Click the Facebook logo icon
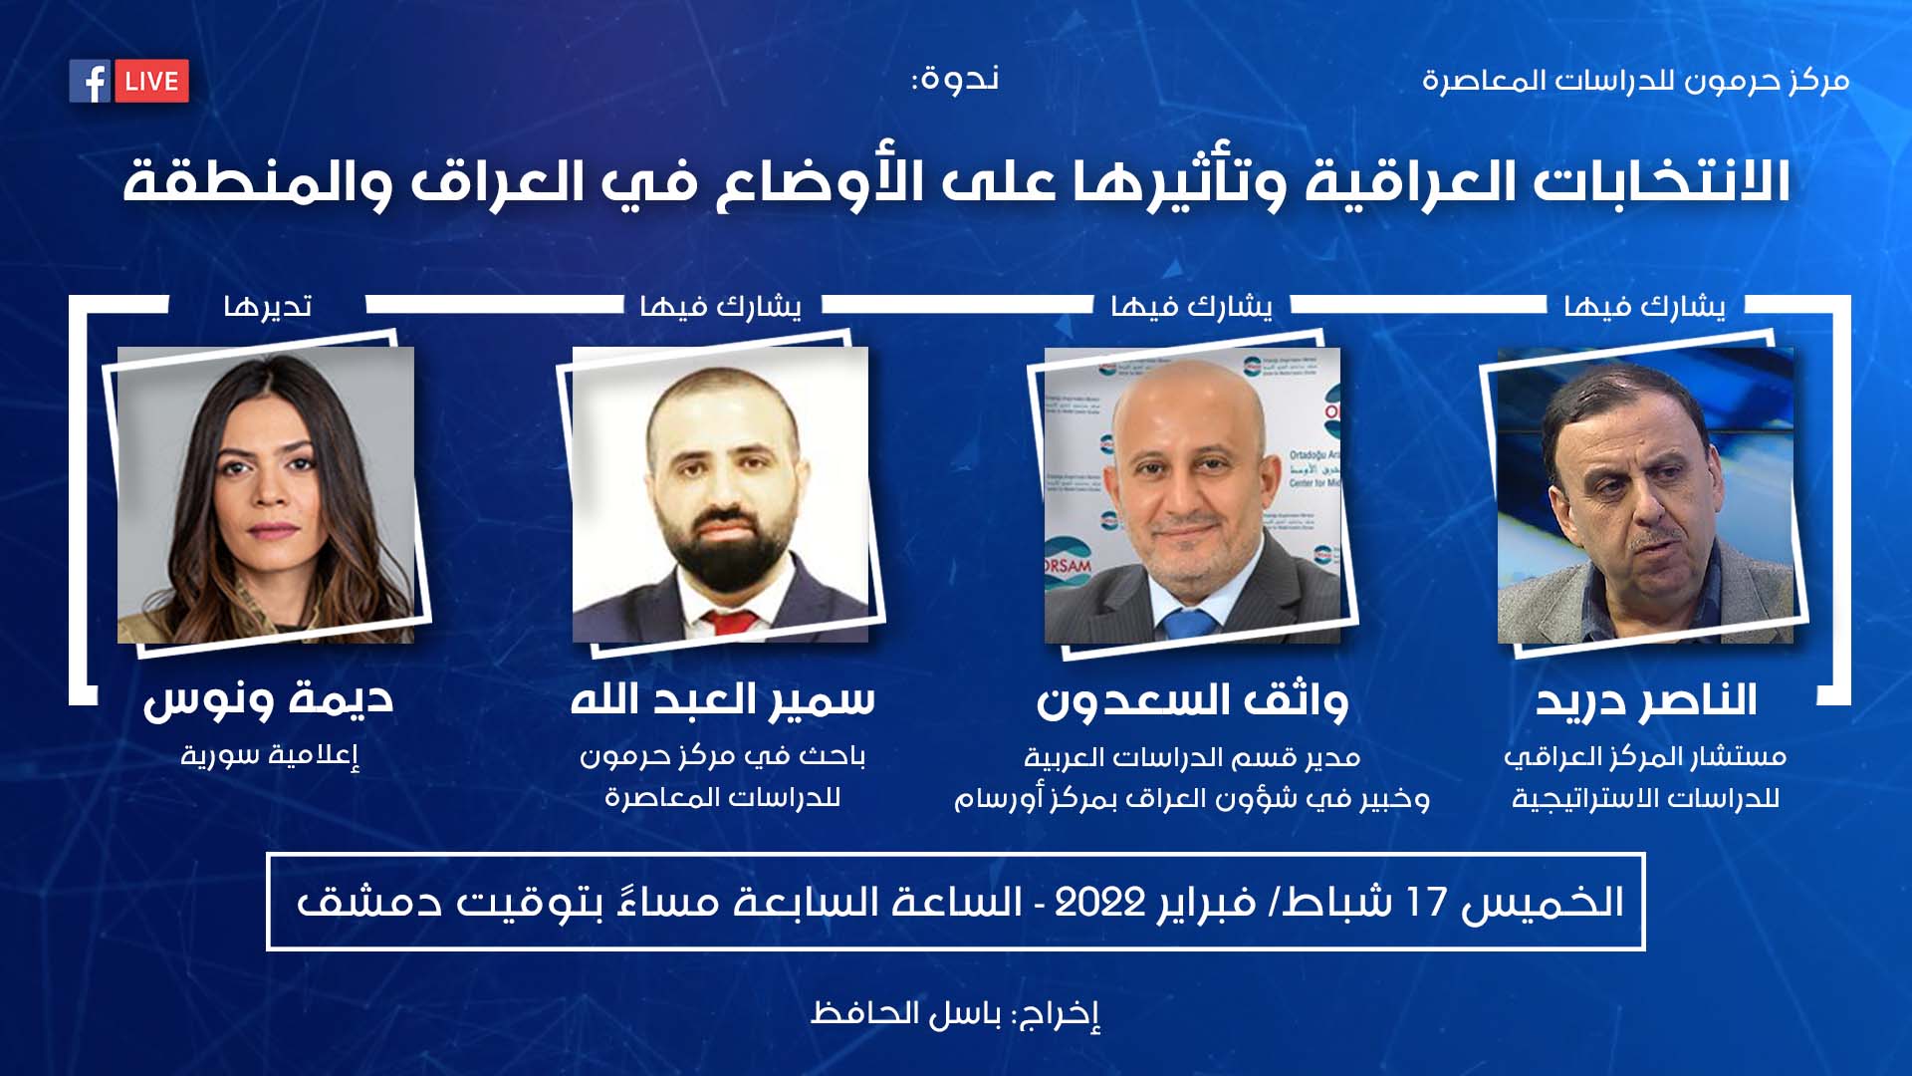click(90, 81)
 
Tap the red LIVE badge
click(151, 81)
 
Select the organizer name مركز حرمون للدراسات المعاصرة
click(1635, 80)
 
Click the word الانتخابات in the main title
click(1660, 182)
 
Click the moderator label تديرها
click(268, 305)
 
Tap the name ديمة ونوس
click(268, 700)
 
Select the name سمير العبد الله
click(722, 699)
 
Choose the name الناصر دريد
click(1645, 700)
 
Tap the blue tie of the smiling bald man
click(1189, 624)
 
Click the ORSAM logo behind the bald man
click(1068, 565)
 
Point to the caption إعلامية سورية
click(269, 755)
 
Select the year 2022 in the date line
click(1100, 903)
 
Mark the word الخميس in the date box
click(1543, 903)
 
